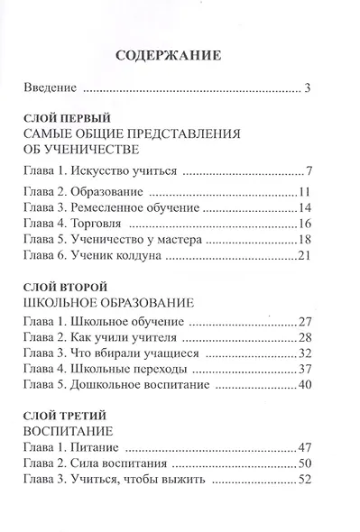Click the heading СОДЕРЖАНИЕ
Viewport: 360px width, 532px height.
point(170,57)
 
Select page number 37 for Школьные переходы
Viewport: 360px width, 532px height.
point(303,369)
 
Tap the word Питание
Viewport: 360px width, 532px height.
point(97,448)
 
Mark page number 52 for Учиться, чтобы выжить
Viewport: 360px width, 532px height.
point(303,481)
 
